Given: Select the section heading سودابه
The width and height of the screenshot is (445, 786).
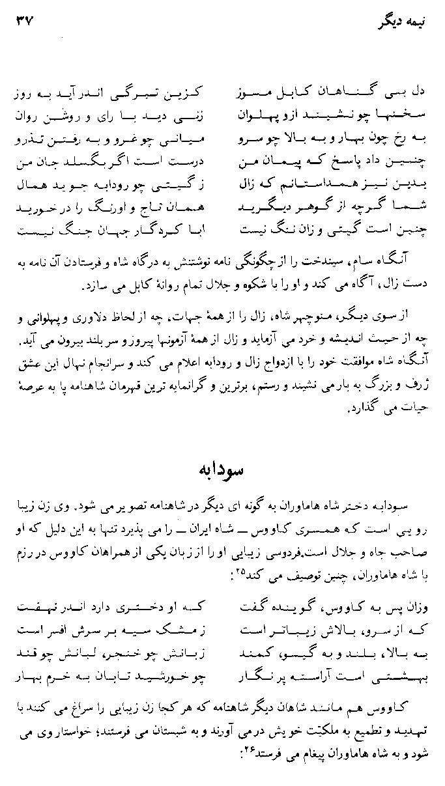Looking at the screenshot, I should [x=223, y=470].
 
